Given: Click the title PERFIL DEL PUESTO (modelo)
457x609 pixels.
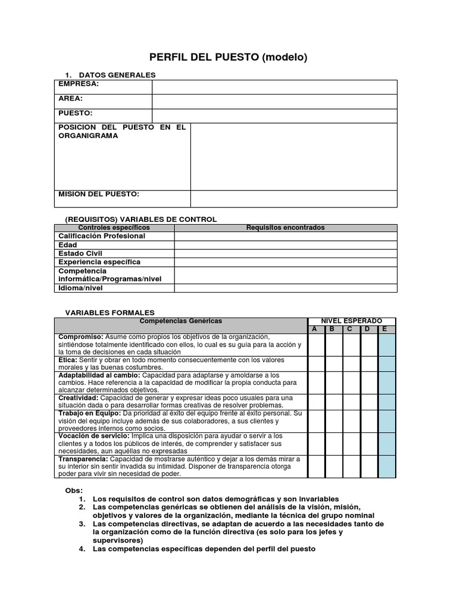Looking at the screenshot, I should click(228, 58).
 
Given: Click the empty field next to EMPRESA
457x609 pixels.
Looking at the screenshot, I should click(274, 87).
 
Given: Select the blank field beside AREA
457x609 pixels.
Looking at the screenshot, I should click(274, 102).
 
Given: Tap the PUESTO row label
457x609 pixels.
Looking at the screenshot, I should click(76, 113).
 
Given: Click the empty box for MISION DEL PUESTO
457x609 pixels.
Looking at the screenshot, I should click(293, 199).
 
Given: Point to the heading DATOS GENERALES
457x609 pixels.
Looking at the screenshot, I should click(117, 75).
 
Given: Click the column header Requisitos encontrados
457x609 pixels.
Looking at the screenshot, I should click(286, 228).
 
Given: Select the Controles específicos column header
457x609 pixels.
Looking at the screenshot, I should click(114, 228).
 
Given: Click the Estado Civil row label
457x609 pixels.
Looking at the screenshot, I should click(81, 253).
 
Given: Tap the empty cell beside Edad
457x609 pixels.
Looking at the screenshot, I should click(286, 245).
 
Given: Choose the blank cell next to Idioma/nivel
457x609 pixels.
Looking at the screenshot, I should click(286, 288).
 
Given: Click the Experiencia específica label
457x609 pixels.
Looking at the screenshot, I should click(99, 262).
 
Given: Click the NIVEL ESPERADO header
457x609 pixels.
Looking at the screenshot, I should click(352, 321).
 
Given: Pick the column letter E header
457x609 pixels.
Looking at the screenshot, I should click(386, 329).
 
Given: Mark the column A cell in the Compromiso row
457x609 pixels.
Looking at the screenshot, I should click(316, 344).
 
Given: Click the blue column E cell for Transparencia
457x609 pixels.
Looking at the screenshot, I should click(387, 467).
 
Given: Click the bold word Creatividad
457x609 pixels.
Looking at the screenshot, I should click(78, 398).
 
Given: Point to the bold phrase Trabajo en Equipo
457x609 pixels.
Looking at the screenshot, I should click(89, 413).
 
